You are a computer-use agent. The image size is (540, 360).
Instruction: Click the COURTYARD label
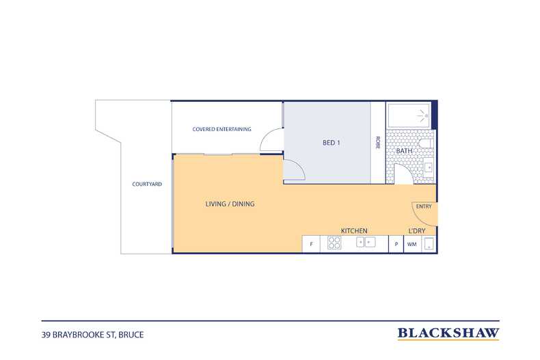[x=147, y=184]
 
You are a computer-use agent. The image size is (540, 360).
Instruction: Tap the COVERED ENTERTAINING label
[x=221, y=129]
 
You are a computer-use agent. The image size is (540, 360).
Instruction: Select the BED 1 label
[x=332, y=143]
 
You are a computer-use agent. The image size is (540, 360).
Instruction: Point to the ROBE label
[x=378, y=143]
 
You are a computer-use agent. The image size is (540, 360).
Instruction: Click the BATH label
[x=404, y=151]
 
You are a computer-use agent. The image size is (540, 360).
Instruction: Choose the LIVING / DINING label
[x=230, y=204]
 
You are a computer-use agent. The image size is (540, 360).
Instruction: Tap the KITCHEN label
[x=354, y=231]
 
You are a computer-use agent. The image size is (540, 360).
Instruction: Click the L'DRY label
[x=417, y=231]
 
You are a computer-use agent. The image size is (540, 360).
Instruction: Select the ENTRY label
[x=424, y=206]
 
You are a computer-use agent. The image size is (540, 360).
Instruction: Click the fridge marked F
[x=311, y=244]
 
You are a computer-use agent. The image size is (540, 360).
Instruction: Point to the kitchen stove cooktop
[x=334, y=243]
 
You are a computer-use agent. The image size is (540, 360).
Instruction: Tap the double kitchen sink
[x=366, y=243]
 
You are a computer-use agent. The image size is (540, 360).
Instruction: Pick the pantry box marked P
[x=396, y=244]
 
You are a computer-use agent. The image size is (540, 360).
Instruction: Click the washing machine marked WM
[x=412, y=244]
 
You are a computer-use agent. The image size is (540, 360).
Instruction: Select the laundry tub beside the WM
[x=429, y=244]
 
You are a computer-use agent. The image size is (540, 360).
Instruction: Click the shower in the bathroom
[x=409, y=115]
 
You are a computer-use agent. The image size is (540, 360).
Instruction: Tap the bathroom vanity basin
[x=429, y=168]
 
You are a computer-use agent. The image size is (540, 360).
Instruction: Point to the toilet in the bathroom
[x=427, y=143]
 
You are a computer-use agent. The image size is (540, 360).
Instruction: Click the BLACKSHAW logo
[x=448, y=333]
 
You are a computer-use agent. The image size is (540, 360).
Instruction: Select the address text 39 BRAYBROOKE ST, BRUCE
[x=93, y=335]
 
